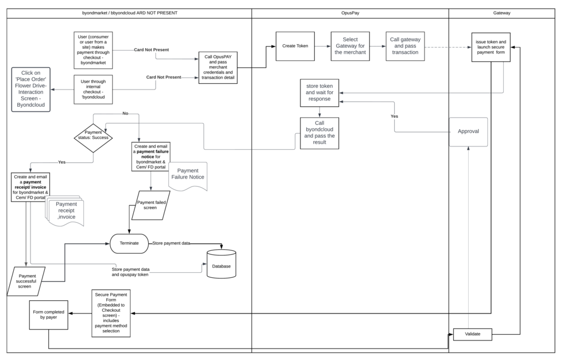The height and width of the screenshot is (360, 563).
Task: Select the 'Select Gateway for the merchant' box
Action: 350,47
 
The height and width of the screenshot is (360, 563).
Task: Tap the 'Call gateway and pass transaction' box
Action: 405,47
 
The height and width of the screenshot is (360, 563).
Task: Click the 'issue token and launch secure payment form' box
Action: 491,47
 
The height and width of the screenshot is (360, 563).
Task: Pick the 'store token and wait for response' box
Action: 319,93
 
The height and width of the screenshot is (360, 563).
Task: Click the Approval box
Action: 468,131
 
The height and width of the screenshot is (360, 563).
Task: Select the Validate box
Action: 472,334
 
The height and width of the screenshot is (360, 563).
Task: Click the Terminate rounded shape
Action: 129,243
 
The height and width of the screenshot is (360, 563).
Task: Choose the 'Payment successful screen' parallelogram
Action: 26,281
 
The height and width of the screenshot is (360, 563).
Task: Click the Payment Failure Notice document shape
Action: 188,175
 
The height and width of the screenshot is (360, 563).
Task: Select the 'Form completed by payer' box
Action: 48,315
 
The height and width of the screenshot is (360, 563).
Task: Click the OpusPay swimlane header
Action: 350,13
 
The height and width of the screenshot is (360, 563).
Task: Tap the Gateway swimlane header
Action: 502,13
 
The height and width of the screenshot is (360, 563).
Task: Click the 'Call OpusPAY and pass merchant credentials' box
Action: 218,68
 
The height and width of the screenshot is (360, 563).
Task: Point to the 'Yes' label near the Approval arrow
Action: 394,116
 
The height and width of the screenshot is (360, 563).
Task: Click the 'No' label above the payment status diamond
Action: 125,114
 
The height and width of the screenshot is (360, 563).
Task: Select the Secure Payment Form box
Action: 111,313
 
